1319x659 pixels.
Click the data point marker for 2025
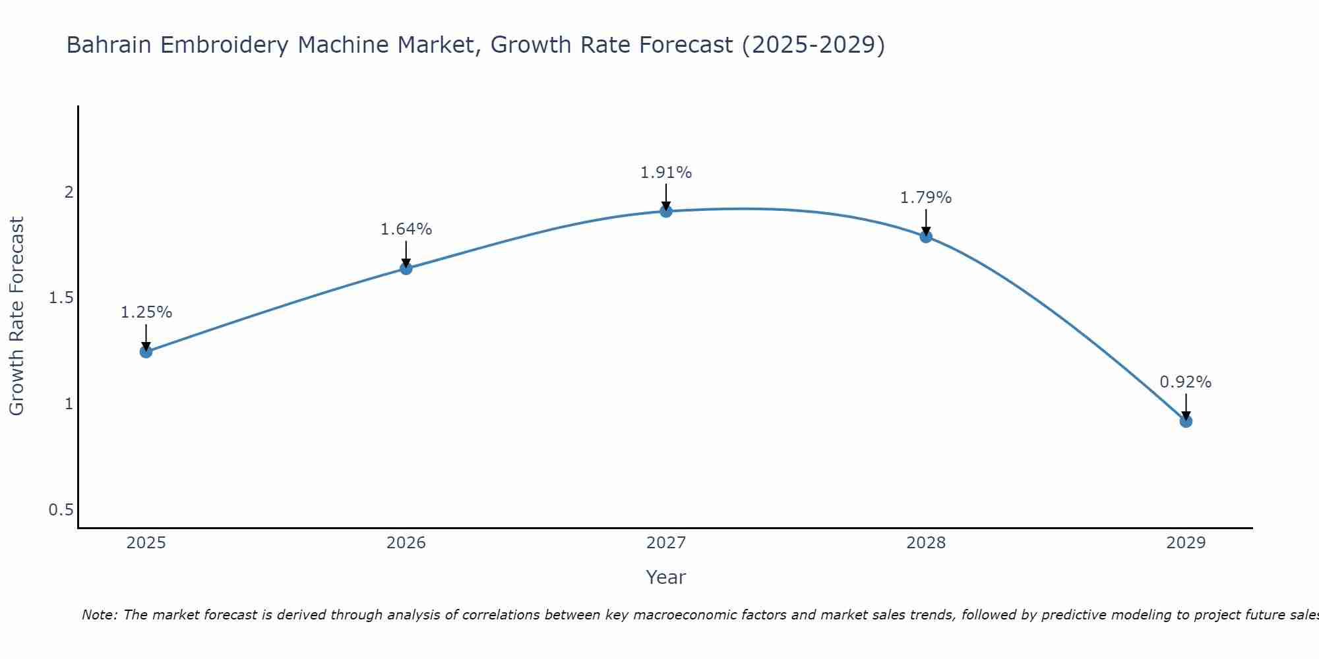(x=146, y=352)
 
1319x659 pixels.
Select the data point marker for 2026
(x=406, y=268)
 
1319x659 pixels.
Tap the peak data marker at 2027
(x=666, y=211)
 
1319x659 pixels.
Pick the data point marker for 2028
(x=926, y=237)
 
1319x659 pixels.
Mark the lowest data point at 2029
(x=1186, y=421)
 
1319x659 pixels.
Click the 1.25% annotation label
(x=146, y=312)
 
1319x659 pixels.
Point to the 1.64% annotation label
(x=406, y=229)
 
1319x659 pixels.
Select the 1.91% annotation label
(x=666, y=173)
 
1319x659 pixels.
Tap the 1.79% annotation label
(x=926, y=198)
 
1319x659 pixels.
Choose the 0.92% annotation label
(x=1186, y=382)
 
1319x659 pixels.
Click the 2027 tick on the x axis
(x=666, y=543)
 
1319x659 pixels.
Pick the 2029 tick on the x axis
(x=1186, y=543)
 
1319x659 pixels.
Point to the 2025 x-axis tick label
(x=146, y=543)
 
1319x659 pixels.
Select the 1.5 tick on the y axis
(x=61, y=298)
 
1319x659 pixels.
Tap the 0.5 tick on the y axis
(x=61, y=510)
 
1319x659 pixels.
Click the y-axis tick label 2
(x=68, y=192)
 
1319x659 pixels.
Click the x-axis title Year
(x=666, y=577)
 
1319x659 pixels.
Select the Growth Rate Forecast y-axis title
(x=17, y=316)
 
